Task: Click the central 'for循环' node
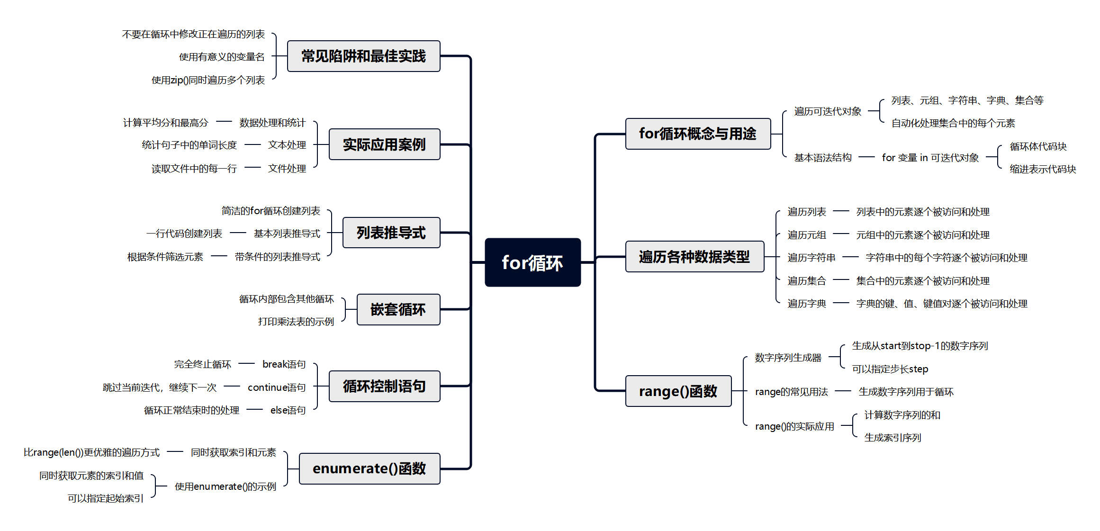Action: (532, 262)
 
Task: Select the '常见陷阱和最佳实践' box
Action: (363, 56)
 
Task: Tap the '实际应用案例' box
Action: (384, 144)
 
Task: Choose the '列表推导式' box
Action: (391, 233)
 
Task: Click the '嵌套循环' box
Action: (398, 309)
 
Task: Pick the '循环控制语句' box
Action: (384, 386)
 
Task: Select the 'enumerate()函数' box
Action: (369, 468)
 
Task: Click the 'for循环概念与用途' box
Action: (697, 134)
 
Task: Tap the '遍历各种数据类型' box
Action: (694, 257)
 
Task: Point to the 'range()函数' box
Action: (678, 391)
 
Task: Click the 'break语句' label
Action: (284, 364)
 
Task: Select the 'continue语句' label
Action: (277, 387)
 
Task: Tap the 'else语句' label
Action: (288, 410)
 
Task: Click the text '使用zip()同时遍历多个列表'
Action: (208, 80)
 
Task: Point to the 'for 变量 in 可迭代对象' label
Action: (930, 158)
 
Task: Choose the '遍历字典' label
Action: (807, 304)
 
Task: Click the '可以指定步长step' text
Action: (890, 369)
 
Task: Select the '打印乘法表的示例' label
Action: (296, 322)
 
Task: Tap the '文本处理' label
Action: (287, 145)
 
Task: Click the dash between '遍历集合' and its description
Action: (841, 280)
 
